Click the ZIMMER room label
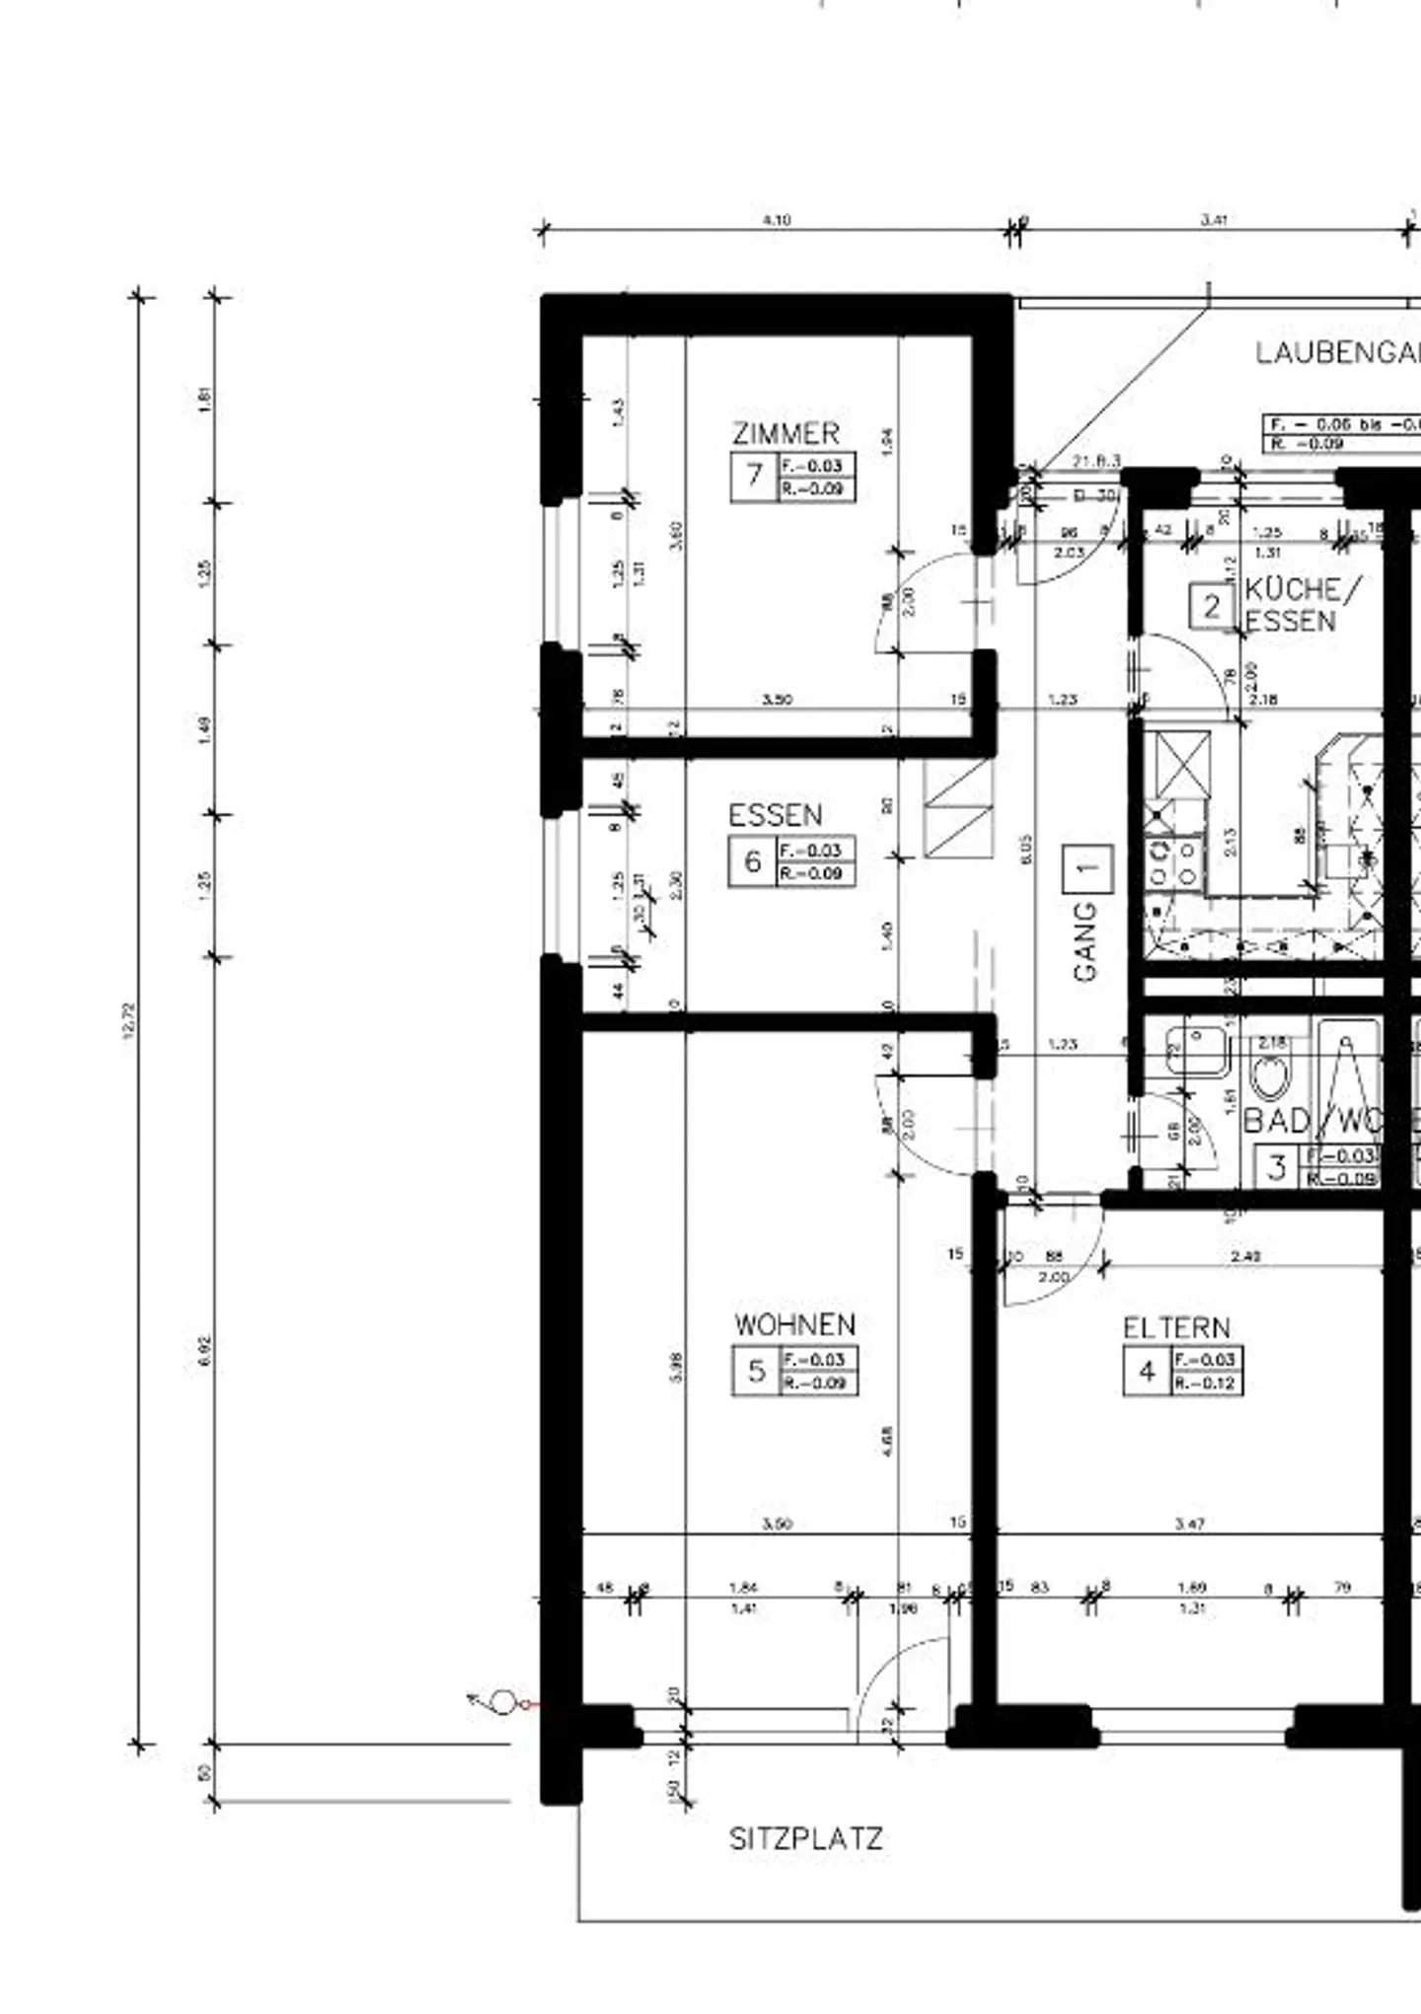click(785, 433)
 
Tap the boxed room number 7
click(754, 476)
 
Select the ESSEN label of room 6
click(775, 815)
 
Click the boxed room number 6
click(753, 861)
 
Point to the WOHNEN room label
click(794, 1324)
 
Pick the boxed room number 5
click(757, 1371)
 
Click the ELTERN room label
click(1176, 1328)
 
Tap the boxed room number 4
click(1147, 1372)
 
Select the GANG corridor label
click(1084, 941)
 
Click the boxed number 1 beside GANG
click(1087, 869)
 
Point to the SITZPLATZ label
click(805, 1839)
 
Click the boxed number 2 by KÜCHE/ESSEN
click(1211, 607)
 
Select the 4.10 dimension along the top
click(777, 220)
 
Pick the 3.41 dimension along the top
click(1213, 220)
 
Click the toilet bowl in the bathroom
click(1270, 1076)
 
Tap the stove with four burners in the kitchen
click(1173, 862)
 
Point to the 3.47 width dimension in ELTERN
click(1190, 1524)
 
